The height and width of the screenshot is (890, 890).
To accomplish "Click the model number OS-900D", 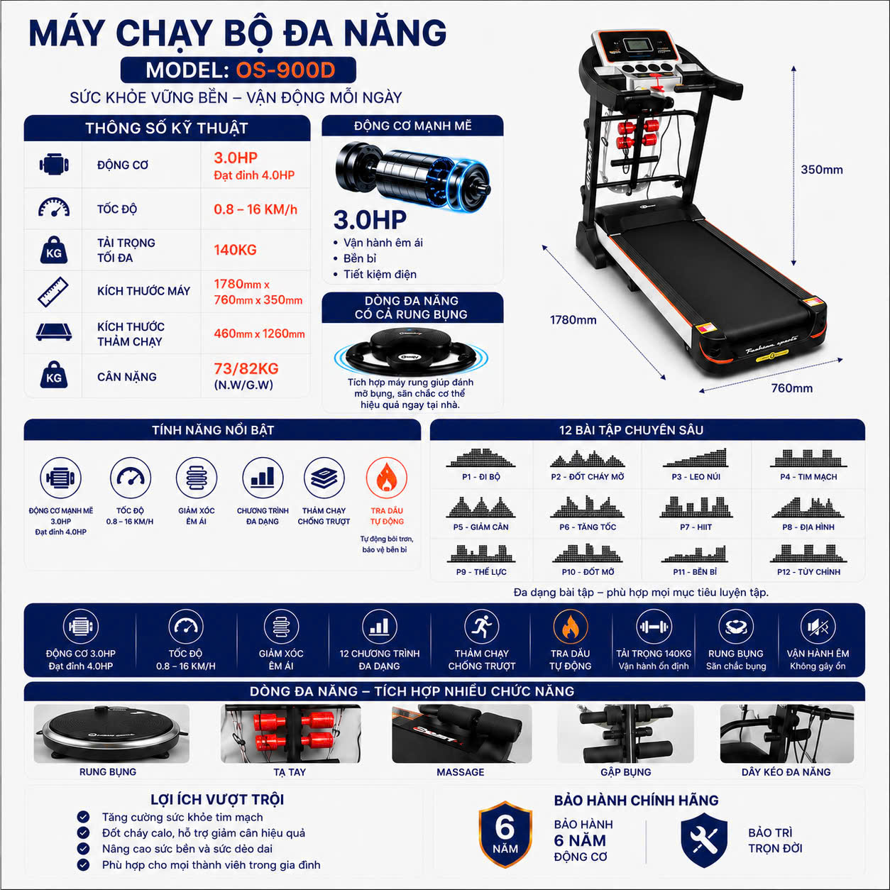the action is point(285,70).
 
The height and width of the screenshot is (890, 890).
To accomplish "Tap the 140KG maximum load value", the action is point(235,250).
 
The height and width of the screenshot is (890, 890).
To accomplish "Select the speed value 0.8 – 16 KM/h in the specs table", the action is point(256,209).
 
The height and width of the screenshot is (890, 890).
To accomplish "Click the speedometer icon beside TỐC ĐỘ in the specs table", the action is point(54,207).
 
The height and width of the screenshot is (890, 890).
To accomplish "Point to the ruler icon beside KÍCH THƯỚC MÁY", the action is point(53,292).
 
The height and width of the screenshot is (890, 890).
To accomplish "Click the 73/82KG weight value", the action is point(246,368).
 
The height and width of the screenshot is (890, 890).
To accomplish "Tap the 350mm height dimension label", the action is point(822,170).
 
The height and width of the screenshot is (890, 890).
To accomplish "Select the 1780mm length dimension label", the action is point(573,320).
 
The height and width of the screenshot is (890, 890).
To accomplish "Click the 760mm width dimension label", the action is point(791,388).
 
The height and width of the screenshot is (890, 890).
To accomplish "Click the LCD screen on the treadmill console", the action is point(638,45).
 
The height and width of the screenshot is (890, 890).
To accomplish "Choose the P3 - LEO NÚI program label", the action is point(696,477).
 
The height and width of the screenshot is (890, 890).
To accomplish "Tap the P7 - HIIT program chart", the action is point(696,507).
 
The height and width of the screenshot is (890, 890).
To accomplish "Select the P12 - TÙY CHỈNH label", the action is point(808,572).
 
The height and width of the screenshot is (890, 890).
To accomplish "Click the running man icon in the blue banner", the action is point(481,627).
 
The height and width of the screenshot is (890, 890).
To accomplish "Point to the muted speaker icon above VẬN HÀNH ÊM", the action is point(818,627).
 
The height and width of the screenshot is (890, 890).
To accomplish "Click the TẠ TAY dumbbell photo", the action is point(290,733).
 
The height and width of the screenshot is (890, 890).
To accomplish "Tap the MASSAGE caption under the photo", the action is point(461,772).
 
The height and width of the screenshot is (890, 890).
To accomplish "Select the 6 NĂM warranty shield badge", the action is point(505,835).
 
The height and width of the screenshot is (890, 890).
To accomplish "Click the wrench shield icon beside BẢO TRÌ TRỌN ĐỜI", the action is point(704,840).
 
